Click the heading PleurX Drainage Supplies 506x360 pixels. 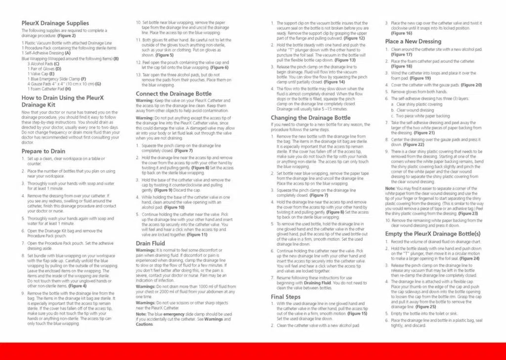(x=55, y=23)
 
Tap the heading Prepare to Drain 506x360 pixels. (x=43, y=151)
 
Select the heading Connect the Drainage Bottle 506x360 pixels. (x=173, y=93)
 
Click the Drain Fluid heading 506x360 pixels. (x=150, y=243)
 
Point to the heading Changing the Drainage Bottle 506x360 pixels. (x=310, y=118)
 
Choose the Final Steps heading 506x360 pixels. (x=286, y=297)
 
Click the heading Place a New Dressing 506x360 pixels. (x=413, y=42)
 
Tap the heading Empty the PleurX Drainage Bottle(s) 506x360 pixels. (x=433, y=233)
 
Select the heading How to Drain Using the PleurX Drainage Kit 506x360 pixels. (x=63, y=101)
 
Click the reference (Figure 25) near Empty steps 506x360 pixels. (x=426, y=307)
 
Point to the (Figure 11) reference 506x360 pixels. (x=197, y=234)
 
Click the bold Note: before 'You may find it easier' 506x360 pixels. (x=390, y=188)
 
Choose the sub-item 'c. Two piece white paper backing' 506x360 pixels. (x=420, y=116)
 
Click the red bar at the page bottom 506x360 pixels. (x=253, y=351)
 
